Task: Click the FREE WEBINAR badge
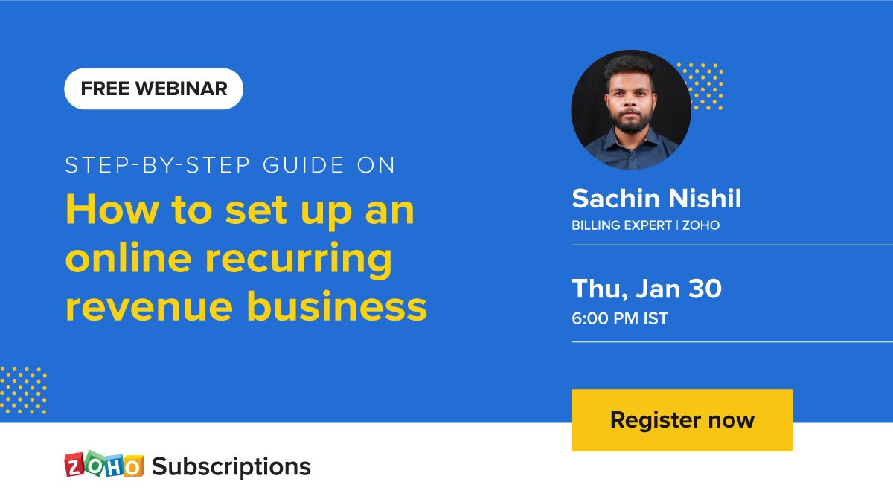[153, 89]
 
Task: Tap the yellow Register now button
[682, 420]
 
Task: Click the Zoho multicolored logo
[103, 465]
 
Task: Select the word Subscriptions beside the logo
[231, 466]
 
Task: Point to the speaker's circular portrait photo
[630, 110]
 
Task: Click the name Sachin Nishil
[656, 199]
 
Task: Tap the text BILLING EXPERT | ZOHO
[645, 225]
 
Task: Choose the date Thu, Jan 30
[646, 289]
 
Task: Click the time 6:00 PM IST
[619, 319]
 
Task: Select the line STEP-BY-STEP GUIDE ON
[230, 165]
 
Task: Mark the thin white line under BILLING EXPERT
[732, 245]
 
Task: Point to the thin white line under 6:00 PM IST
[732, 342]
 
